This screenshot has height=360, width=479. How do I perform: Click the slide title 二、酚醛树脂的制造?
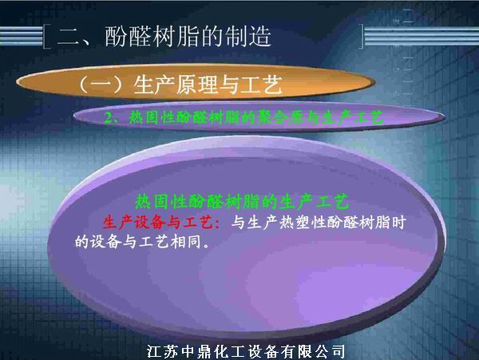[164, 37]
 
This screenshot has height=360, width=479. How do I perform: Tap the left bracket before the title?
[47, 37]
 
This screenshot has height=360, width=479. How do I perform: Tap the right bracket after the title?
[362, 37]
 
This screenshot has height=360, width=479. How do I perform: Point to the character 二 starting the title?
[66, 37]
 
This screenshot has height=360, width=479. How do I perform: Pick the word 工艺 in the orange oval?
[264, 83]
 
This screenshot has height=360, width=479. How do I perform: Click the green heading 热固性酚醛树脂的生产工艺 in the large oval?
[243, 201]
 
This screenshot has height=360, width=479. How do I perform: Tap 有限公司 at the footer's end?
[312, 350]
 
